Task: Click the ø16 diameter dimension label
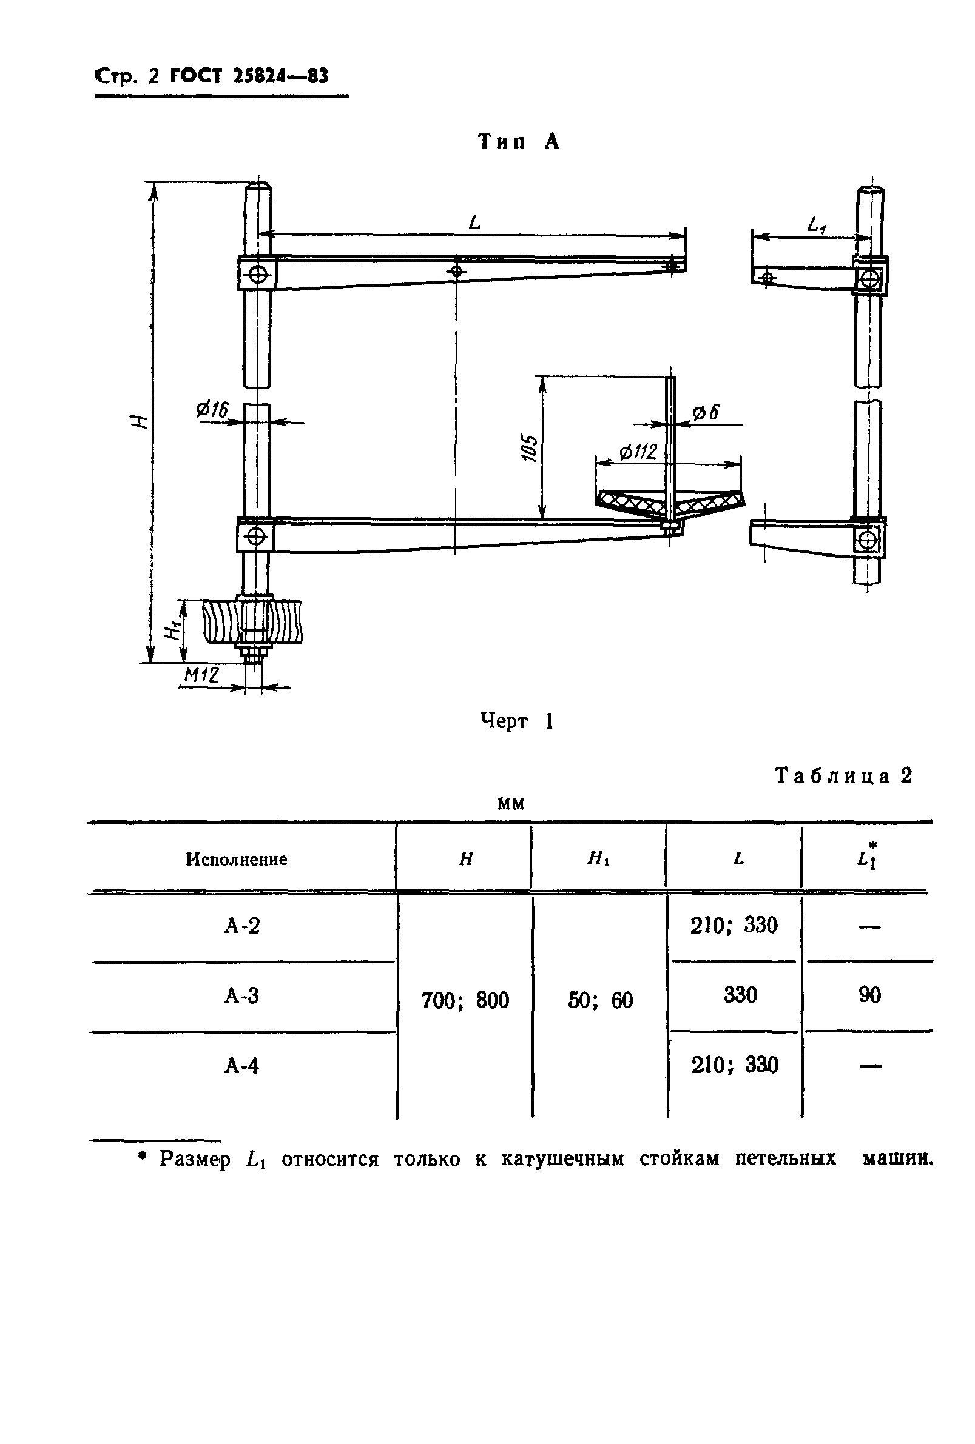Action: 212,410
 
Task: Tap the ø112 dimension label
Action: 638,451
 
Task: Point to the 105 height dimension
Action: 530,447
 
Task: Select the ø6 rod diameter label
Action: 705,412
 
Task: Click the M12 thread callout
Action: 201,675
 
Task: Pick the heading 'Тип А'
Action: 519,142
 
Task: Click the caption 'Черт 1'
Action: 516,721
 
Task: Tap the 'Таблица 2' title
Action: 843,776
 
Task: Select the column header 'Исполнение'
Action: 236,860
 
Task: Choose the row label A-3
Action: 241,996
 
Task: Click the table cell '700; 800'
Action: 465,1000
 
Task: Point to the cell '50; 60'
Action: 600,1000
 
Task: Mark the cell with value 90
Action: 869,995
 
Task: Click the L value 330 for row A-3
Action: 740,995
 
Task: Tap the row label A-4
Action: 241,1066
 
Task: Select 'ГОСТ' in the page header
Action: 196,76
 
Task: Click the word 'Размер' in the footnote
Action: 195,1159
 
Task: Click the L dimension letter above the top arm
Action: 474,222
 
